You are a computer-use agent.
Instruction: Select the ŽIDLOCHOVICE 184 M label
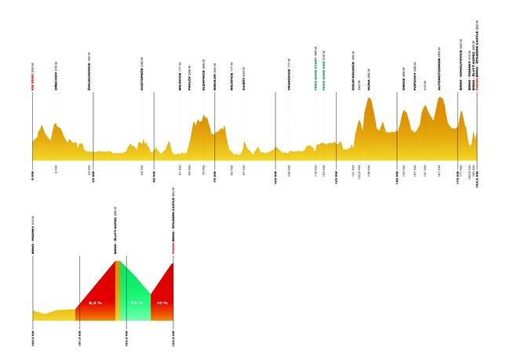[93, 75]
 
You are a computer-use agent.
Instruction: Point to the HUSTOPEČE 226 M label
[141, 76]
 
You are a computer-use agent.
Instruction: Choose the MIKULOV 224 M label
[215, 78]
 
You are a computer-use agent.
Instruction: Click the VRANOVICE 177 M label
[289, 75]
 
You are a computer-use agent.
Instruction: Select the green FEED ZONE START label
[315, 69]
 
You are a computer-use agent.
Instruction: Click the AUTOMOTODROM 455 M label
[439, 75]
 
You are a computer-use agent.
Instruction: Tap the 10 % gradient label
[162, 302]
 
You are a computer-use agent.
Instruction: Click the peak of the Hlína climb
[369, 99]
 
